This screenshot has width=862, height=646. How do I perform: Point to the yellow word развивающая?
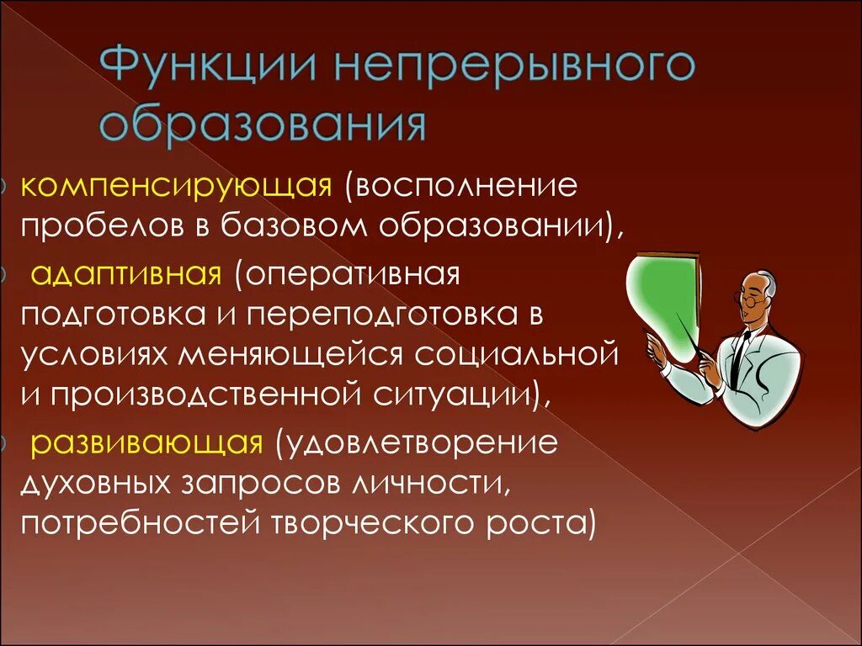(x=147, y=444)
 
